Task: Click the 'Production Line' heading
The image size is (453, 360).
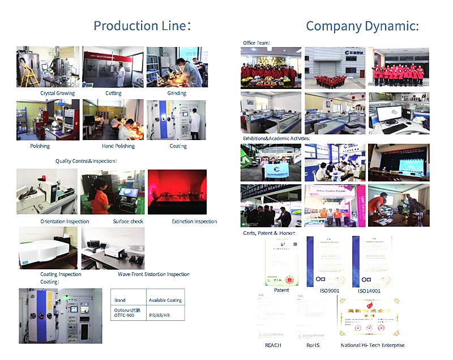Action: pyautogui.click(x=142, y=26)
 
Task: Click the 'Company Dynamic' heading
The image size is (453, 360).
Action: pyautogui.click(x=362, y=26)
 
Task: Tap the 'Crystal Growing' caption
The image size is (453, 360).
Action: pyautogui.click(x=57, y=93)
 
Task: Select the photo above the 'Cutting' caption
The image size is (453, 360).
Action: pyautogui.click(x=113, y=67)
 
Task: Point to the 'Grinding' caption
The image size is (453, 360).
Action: pyautogui.click(x=177, y=93)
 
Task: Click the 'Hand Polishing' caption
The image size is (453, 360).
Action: pyautogui.click(x=118, y=146)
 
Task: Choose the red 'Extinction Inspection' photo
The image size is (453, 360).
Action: pyautogui.click(x=177, y=192)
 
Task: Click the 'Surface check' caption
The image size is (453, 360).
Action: pyautogui.click(x=128, y=221)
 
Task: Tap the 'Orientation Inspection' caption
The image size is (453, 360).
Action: pyautogui.click(x=65, y=221)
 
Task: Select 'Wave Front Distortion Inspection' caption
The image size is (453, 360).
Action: pyautogui.click(x=153, y=274)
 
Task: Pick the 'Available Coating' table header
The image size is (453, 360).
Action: pyautogui.click(x=165, y=300)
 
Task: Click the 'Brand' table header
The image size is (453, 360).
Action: pyautogui.click(x=120, y=300)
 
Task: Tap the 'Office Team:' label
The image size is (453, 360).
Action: pyautogui.click(x=256, y=43)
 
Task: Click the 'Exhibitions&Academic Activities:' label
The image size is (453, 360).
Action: pyautogui.click(x=276, y=138)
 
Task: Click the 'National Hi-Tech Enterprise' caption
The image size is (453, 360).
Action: pyautogui.click(x=373, y=345)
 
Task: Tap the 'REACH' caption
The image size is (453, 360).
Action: pyautogui.click(x=273, y=345)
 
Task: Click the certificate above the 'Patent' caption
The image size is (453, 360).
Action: pyautogui.click(x=281, y=260)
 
